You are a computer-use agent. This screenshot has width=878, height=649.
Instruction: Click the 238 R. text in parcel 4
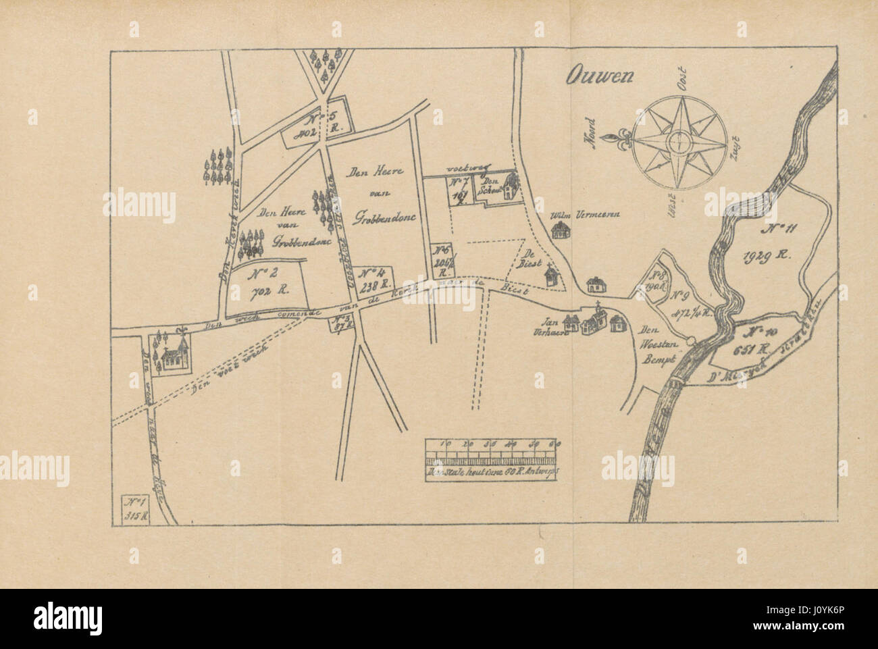click(x=373, y=286)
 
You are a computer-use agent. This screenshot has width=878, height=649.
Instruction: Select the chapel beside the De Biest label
click(x=552, y=275)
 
